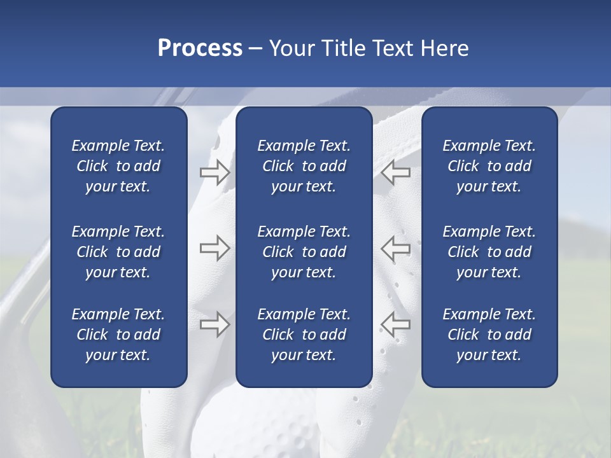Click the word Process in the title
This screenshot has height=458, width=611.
tap(200, 48)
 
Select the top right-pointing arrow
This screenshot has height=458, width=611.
tap(214, 172)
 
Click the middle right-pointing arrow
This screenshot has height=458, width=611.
tap(214, 248)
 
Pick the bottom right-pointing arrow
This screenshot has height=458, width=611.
tap(214, 324)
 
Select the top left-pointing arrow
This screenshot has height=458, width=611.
tap(396, 172)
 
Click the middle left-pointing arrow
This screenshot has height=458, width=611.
tap(396, 248)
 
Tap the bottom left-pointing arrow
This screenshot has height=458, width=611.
tap(396, 324)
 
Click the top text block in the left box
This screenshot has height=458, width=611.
tap(118, 166)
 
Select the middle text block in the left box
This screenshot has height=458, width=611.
tap(118, 252)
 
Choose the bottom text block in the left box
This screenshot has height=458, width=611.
tap(118, 335)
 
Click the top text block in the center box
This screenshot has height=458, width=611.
tap(304, 166)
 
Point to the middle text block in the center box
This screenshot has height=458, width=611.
tap(304, 252)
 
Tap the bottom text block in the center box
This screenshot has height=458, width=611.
tap(304, 335)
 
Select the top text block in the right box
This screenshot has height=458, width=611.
tap(489, 166)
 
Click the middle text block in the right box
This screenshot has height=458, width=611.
tap(489, 252)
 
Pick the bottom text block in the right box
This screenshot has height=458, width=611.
tap(489, 335)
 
